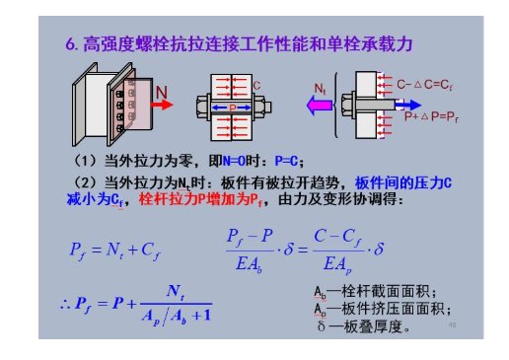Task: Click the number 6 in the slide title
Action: tap(70, 43)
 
